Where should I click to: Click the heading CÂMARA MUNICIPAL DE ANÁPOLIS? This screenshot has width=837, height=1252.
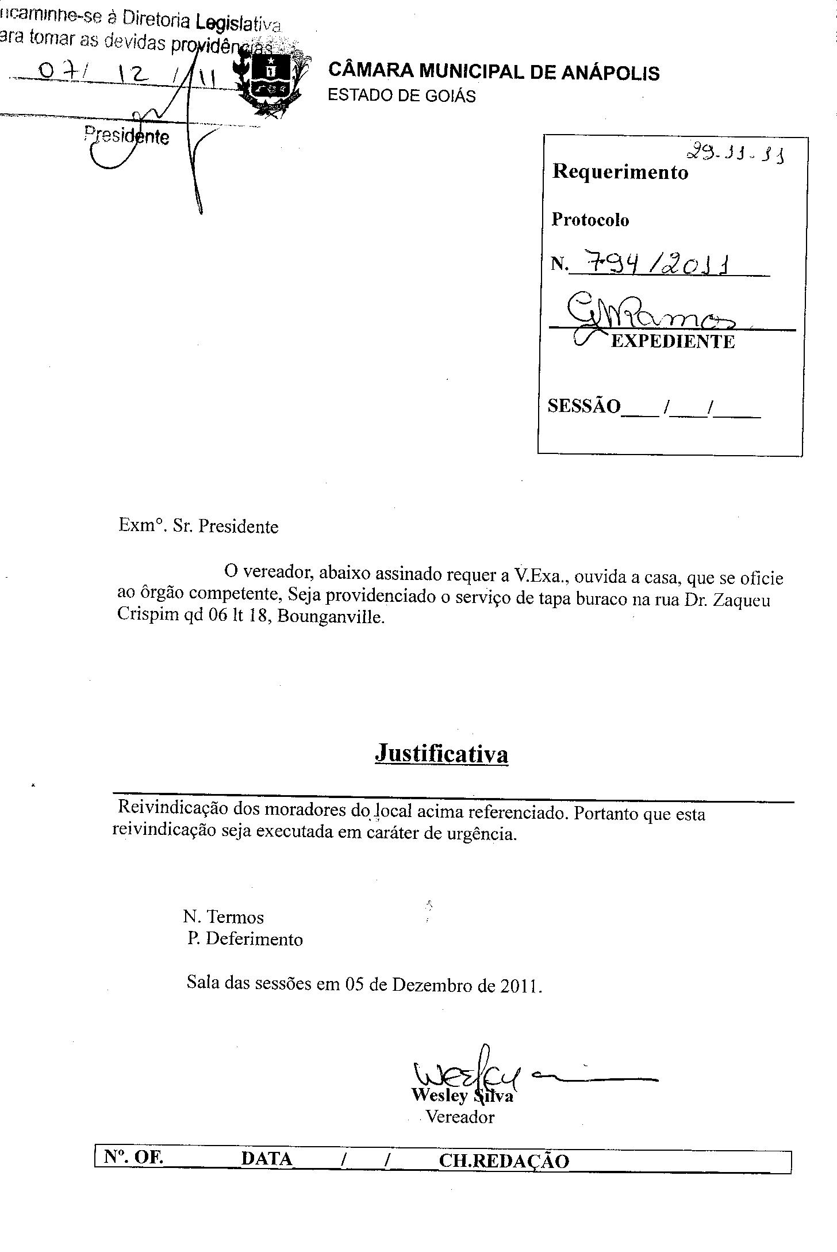click(493, 72)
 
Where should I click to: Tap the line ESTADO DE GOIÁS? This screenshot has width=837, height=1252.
click(401, 96)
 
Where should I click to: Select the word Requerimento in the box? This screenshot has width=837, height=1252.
click(620, 172)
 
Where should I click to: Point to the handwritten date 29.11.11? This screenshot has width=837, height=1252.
click(735, 154)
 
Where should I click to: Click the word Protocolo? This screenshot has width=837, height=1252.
click(590, 220)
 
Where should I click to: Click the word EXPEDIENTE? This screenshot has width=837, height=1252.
click(673, 342)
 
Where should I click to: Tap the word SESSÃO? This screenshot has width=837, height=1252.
click(583, 406)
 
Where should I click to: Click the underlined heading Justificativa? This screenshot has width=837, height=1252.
click(441, 753)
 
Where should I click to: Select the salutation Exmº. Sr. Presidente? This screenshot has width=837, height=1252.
click(198, 526)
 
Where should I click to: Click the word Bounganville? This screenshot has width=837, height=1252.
click(331, 618)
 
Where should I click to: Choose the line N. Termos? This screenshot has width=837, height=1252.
click(224, 917)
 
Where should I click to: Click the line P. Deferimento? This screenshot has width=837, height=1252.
click(245, 939)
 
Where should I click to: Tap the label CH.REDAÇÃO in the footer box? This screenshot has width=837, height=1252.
click(504, 1161)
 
